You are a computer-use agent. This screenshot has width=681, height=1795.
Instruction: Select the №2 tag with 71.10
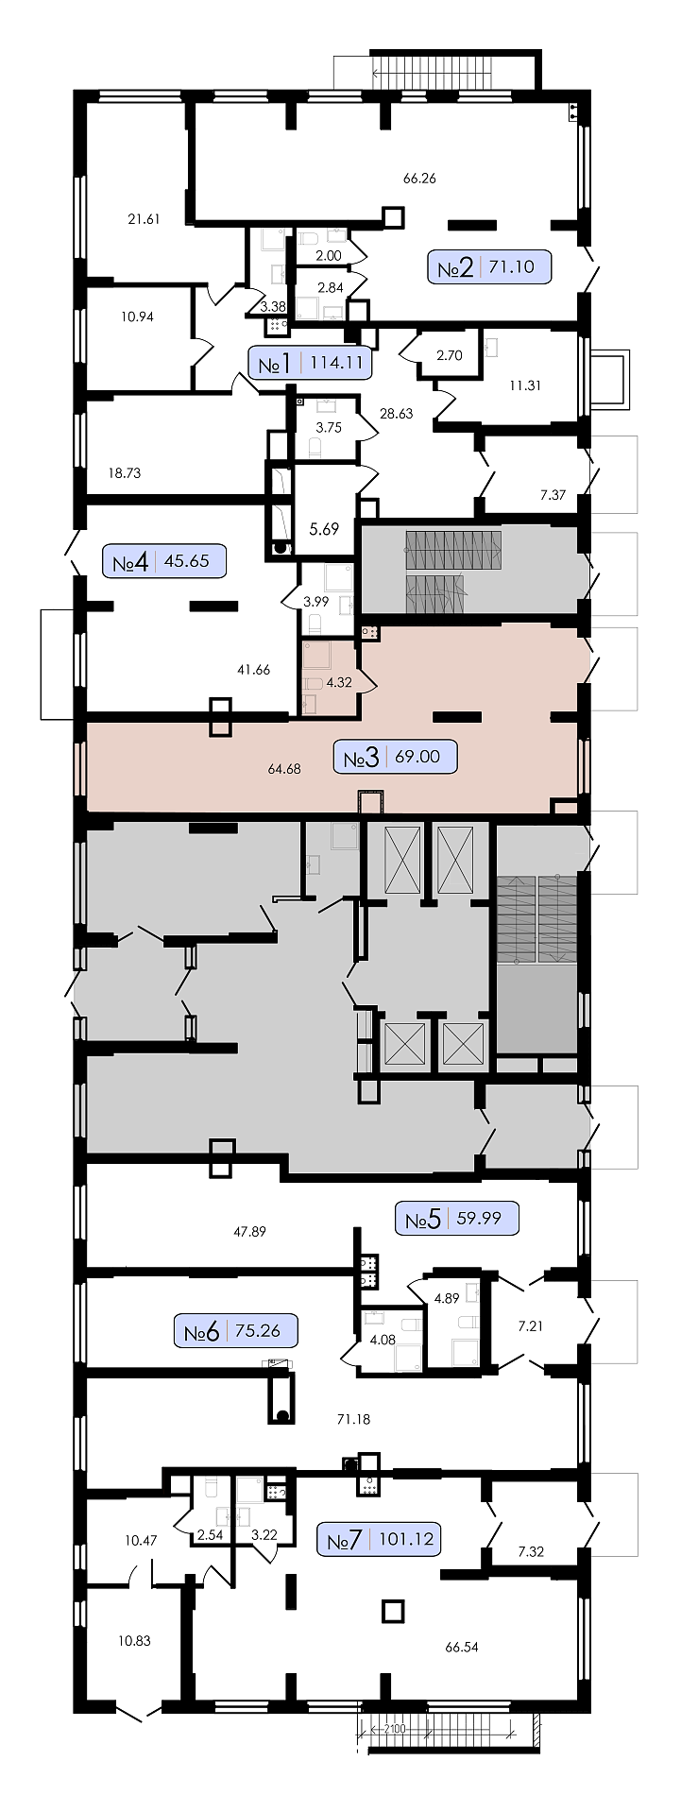[489, 267]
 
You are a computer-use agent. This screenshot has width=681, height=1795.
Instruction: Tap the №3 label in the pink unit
[396, 757]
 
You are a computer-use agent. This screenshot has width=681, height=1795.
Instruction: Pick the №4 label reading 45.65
[164, 561]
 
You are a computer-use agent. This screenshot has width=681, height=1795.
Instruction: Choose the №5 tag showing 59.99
[457, 1218]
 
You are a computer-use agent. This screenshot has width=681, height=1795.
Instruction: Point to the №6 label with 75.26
[236, 1331]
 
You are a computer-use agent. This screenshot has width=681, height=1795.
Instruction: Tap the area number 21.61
[144, 219]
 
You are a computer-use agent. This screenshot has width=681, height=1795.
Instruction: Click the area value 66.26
[419, 178]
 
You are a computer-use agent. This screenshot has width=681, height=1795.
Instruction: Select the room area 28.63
[397, 413]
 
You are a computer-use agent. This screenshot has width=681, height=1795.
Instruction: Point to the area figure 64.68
[284, 769]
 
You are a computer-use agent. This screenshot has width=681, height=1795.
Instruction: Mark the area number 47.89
[249, 1231]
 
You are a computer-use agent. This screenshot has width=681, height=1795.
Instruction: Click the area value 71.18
[353, 1418]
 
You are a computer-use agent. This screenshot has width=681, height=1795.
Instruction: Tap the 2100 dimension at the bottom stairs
[394, 1729]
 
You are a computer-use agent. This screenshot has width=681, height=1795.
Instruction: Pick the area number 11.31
[525, 385]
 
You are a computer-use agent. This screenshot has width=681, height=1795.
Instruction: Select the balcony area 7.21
[531, 1325]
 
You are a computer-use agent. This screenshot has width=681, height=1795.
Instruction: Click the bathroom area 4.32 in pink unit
[338, 682]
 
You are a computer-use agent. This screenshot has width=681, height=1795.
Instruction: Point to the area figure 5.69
[324, 529]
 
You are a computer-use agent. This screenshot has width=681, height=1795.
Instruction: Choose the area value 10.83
[134, 1640]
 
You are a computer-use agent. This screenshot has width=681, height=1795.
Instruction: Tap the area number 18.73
[125, 472]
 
